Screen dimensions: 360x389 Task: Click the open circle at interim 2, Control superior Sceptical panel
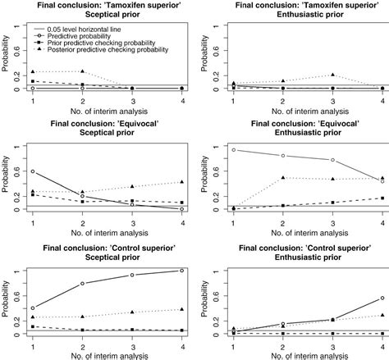82,284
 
